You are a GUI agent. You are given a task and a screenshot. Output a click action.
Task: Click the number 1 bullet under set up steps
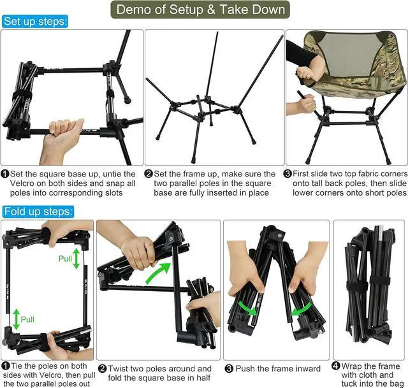tap(5, 174)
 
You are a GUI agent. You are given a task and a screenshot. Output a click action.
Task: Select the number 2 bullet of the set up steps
tap(149, 174)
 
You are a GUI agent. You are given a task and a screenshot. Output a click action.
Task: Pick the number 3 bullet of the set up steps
tap(288, 173)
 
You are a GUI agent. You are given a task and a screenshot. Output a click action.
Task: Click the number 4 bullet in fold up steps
tap(336, 366)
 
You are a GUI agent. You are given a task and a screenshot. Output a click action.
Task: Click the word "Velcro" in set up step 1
tap(24, 183)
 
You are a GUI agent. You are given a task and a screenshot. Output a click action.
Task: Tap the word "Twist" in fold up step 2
tap(119, 369)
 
